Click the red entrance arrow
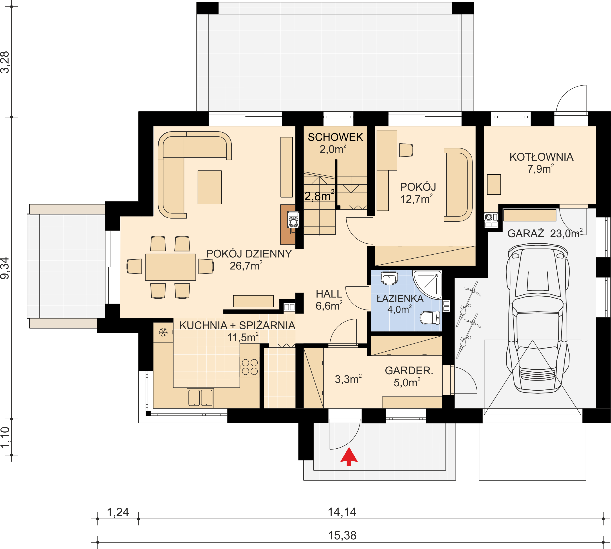click(x=349, y=456)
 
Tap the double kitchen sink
click(x=200, y=398)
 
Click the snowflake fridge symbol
click(x=163, y=332)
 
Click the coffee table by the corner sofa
click(x=210, y=187)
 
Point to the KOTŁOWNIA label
click(x=541, y=157)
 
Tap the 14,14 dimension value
click(x=342, y=512)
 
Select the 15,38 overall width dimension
click(x=342, y=535)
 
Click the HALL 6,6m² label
click(x=329, y=300)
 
